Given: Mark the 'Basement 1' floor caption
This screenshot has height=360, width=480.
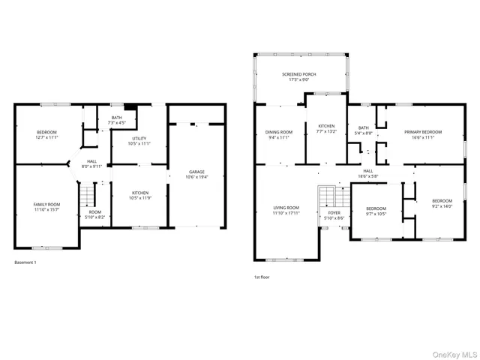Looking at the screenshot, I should click(25, 262).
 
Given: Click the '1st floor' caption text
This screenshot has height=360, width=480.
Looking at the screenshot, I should click(262, 277).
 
